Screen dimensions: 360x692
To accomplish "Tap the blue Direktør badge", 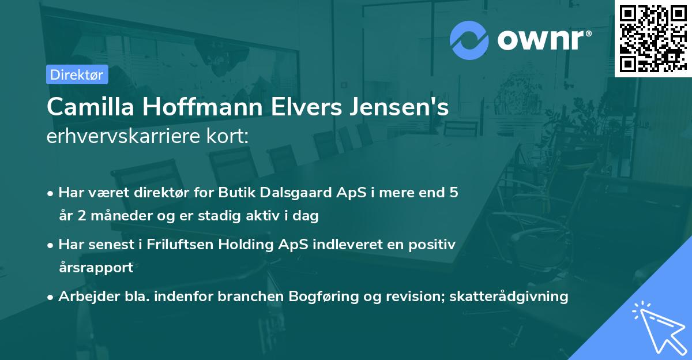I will (x=77, y=74).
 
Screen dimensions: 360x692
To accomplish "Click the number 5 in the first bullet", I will (x=454, y=193).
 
